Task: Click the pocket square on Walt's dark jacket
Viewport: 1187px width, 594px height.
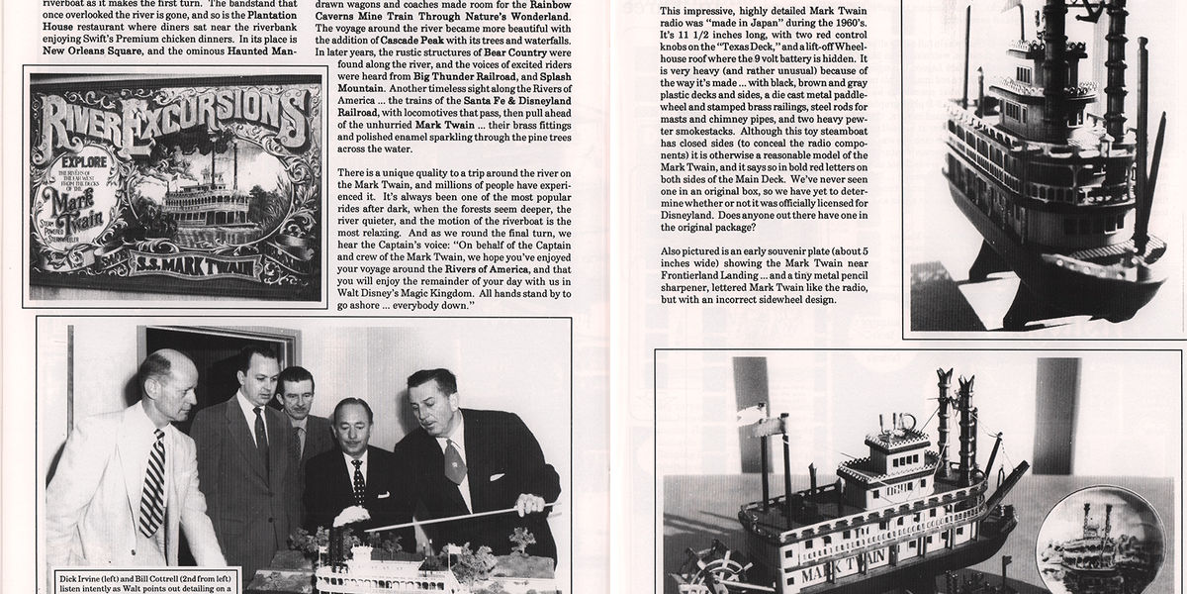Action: [452, 461]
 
